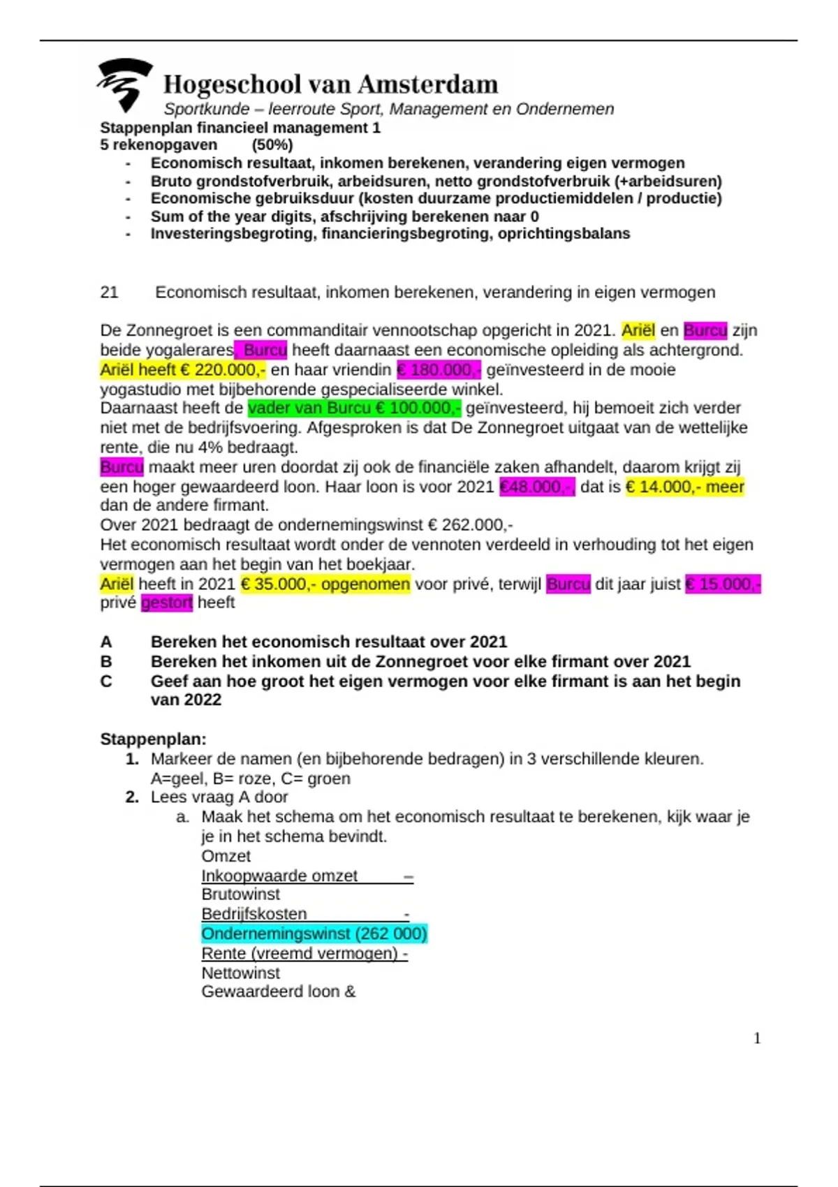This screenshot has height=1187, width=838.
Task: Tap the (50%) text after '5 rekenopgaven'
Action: [272, 145]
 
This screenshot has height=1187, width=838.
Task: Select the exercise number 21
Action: [109, 293]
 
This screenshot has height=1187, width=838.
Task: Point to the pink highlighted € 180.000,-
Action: [439, 370]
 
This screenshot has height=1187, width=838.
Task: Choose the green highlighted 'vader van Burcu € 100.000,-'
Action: [354, 408]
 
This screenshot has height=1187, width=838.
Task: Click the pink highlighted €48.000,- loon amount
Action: [536, 487]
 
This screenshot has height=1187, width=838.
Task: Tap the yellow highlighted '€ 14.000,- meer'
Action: [685, 487]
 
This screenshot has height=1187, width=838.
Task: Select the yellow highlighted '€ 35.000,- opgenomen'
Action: [325, 584]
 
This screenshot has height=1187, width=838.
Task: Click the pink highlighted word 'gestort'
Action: [166, 603]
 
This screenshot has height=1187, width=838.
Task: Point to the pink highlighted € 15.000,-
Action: [723, 584]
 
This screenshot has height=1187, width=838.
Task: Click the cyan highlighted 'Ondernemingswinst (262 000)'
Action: [314, 934]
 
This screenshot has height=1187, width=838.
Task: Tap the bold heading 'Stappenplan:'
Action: [153, 739]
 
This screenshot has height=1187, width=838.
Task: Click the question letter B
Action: [106, 661]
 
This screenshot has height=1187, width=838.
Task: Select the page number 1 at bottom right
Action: [757, 1038]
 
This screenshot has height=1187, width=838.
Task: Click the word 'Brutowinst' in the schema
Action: [240, 894]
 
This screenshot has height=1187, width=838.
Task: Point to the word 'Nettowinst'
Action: [240, 973]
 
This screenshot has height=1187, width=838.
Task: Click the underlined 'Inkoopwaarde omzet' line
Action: [279, 876]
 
